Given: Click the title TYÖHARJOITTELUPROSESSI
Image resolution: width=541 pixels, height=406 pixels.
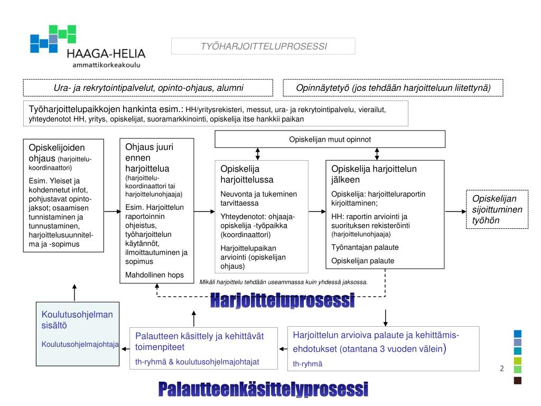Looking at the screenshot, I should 263,47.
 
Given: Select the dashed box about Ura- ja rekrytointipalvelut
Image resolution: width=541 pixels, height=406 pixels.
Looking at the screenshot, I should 148,88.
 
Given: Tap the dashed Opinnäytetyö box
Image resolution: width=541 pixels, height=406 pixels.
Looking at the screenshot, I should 393,88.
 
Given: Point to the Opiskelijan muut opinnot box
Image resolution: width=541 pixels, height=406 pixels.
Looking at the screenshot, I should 330,139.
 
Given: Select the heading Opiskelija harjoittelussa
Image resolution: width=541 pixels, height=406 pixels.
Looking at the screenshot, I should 240,174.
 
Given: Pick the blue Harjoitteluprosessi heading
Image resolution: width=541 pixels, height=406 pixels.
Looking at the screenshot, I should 282,301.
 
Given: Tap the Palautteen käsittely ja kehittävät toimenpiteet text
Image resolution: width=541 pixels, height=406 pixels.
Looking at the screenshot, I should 199,342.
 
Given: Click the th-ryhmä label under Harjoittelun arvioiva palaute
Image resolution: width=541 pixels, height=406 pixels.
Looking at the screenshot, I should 307,364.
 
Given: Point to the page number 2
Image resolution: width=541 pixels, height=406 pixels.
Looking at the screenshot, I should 502,368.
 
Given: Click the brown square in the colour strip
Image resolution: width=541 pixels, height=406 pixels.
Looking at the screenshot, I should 518,381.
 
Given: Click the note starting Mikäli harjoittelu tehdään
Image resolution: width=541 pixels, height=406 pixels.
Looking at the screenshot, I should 283,282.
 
